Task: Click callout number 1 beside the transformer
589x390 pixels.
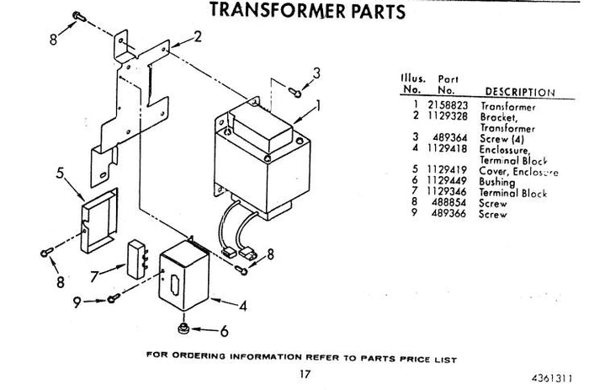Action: click(319, 107)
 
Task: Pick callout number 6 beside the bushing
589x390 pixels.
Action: click(224, 331)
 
